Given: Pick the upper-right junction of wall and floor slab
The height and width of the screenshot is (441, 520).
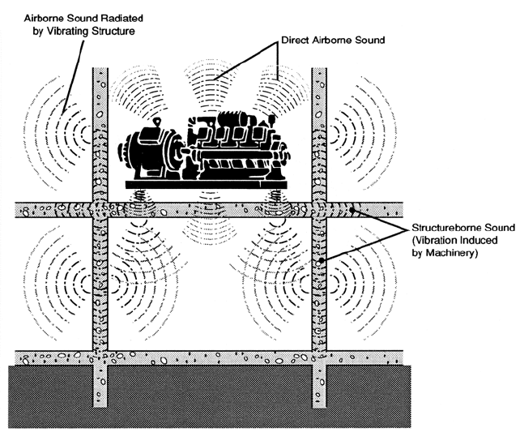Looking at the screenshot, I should click(319, 210).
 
